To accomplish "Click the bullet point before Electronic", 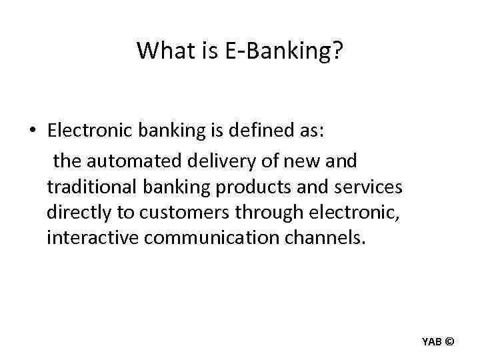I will [x=32, y=130].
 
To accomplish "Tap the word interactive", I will [x=92, y=238].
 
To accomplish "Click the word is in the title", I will [x=203, y=50].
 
